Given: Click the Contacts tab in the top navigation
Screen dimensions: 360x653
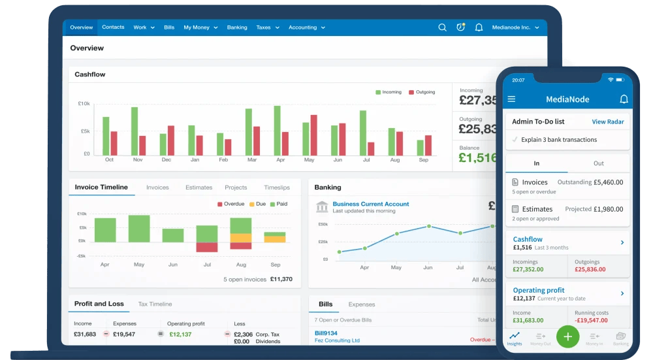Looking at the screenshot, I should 113,27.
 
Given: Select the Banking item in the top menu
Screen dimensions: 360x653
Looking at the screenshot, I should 237,27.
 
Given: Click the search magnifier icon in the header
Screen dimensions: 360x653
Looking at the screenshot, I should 442,27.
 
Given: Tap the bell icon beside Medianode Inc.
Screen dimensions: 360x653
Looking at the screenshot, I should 479,27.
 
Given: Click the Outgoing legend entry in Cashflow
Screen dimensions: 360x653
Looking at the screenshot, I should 422,92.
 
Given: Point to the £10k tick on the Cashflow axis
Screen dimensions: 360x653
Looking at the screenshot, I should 84,103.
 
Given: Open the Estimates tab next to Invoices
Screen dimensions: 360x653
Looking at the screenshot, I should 199,188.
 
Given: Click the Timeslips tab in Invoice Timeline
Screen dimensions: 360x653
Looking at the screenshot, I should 277,188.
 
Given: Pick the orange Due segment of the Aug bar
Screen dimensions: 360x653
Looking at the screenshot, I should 241,238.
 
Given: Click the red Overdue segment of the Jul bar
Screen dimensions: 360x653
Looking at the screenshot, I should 207,247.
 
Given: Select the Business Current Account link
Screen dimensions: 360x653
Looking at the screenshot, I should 371,204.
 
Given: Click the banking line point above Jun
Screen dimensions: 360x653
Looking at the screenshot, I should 428,226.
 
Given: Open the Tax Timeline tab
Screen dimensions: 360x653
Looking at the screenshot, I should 155,304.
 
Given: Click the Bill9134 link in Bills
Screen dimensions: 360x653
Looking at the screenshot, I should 326,333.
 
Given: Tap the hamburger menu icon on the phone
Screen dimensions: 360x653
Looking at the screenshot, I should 511,99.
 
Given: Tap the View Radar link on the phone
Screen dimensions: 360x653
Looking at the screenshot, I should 607,122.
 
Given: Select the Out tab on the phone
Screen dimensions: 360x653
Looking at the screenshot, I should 598,163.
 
